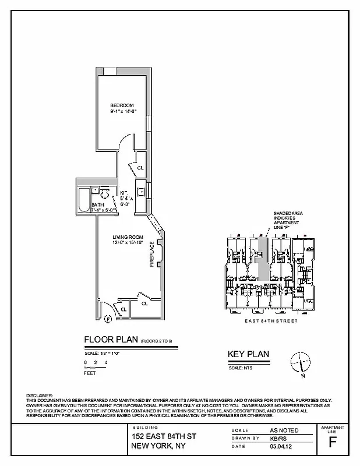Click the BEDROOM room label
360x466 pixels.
click(x=122, y=105)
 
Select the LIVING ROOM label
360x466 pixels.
click(x=128, y=236)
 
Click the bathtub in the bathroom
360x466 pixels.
click(x=83, y=200)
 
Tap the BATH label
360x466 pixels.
click(x=97, y=205)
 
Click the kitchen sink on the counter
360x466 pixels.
click(x=141, y=190)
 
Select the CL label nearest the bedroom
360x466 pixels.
click(x=140, y=168)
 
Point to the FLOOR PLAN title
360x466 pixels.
click(x=111, y=340)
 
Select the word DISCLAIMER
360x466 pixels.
click(x=40, y=396)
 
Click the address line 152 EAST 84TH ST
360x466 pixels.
click(x=164, y=437)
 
